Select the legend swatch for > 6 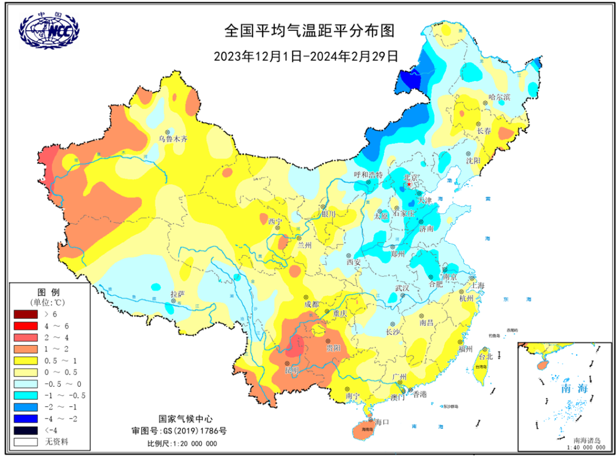(x=26, y=314)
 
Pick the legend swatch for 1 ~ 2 (x=26, y=348)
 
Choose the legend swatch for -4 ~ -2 (x=26, y=418)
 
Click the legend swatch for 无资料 (x=26, y=441)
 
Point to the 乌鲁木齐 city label (x=173, y=138)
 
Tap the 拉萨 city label (x=178, y=294)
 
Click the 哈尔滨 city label (x=500, y=97)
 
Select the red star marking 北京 (x=409, y=185)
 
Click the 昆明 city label (x=292, y=370)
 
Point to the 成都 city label (x=311, y=305)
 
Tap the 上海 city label (x=477, y=285)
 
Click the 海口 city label (x=382, y=422)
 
